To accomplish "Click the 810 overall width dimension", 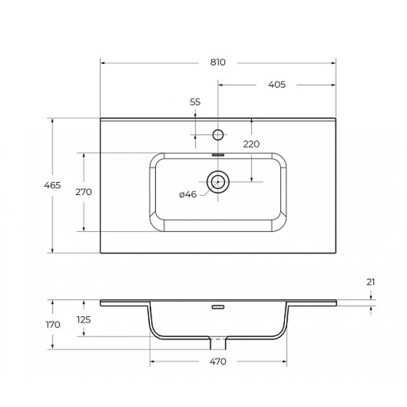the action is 218,62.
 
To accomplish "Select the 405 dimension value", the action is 277,85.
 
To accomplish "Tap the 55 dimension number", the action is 195,102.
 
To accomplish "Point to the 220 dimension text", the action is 251,144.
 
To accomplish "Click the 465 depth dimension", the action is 53,185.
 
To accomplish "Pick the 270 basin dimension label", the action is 83,192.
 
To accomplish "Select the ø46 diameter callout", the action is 188,194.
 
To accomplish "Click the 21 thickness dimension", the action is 371,282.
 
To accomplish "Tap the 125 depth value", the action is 83,320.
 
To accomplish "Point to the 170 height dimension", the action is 53,324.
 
